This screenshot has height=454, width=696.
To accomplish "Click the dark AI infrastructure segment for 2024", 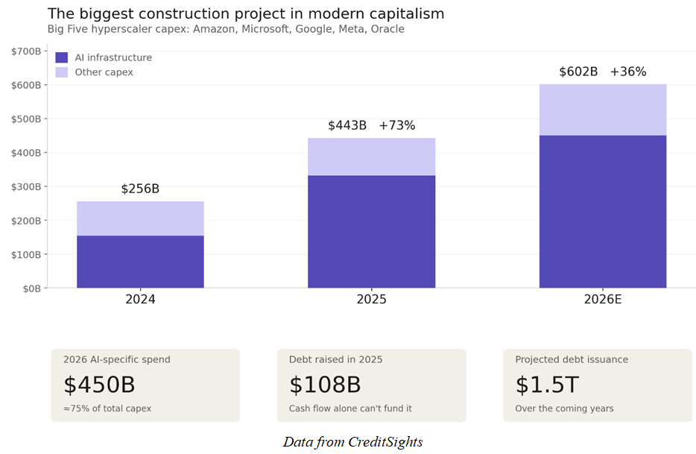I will coord(140,262).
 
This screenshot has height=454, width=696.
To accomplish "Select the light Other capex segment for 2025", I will coord(371,157).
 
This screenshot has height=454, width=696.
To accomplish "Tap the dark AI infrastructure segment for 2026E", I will coord(602,212).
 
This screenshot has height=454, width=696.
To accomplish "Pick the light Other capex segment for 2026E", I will coord(602,110).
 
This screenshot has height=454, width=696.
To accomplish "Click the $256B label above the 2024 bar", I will coord(140,189).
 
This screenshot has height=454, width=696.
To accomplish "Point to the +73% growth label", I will coord(396,125).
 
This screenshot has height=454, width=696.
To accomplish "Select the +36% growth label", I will coord(627,72).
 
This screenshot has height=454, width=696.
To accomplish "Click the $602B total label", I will coord(578,72).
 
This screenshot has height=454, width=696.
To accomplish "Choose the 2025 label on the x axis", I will coord(371,300).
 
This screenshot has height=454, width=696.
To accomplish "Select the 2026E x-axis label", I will coord(602,300).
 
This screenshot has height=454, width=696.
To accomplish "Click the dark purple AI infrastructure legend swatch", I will coord(62,57).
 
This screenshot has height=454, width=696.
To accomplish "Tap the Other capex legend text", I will coord(104,72).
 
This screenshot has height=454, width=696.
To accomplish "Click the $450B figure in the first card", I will coord(99,385).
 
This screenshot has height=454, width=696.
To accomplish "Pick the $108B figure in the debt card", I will coord(325,385).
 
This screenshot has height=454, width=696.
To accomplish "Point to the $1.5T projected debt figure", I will coord(546,385).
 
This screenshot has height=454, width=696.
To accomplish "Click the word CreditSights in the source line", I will coord(385,442).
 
